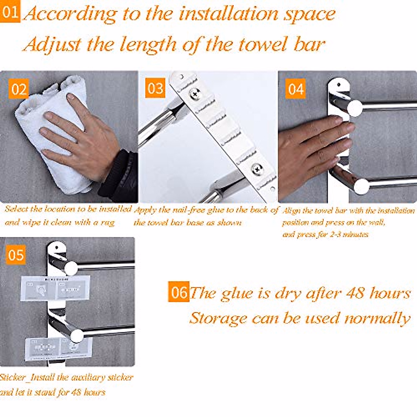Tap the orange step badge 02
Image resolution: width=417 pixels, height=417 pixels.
18,89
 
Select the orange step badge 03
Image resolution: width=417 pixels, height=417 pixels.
155,88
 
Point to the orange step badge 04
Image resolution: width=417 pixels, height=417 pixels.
296,89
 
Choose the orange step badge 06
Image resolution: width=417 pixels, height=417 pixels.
179,292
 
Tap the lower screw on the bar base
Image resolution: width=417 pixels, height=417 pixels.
257,169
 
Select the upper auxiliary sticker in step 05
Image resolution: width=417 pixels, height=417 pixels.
56,288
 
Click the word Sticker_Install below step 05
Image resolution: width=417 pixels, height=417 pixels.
31,378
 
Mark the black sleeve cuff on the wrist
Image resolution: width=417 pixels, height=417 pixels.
118,174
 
